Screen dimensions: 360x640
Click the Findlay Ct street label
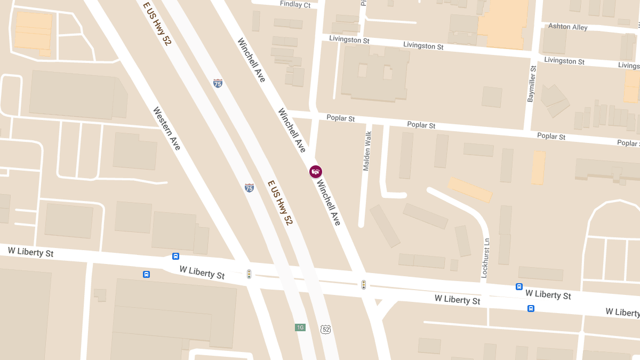pos(295,5)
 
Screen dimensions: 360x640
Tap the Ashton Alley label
pos(568,27)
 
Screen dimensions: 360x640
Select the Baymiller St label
pos(531,84)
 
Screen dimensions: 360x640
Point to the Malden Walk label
pos(367,151)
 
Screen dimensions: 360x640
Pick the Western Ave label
pos(166,129)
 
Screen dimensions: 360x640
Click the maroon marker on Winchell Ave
pos(316,171)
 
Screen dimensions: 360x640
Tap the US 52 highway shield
pos(325,329)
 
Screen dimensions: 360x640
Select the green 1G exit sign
pos(300,327)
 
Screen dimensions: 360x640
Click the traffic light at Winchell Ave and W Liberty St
pos(364,285)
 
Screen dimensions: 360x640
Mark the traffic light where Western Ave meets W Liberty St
pos(249,274)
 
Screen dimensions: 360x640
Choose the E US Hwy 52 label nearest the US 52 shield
pos(281,203)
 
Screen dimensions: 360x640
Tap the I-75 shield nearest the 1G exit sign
pos(249,187)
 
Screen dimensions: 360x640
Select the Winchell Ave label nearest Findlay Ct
pos(251,60)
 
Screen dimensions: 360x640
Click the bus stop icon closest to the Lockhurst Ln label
pos(519,286)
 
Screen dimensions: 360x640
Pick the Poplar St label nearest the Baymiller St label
pos(551,137)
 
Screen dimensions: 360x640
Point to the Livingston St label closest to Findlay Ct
pos(349,39)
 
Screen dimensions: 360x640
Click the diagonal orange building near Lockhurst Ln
pos(469,189)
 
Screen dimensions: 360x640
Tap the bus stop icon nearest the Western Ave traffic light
pos(175,256)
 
